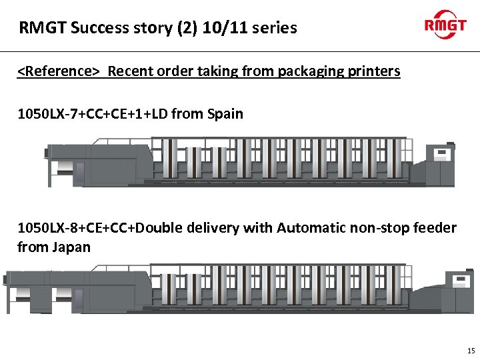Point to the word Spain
point(225,114)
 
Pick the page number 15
point(471,351)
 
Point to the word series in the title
point(274,28)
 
